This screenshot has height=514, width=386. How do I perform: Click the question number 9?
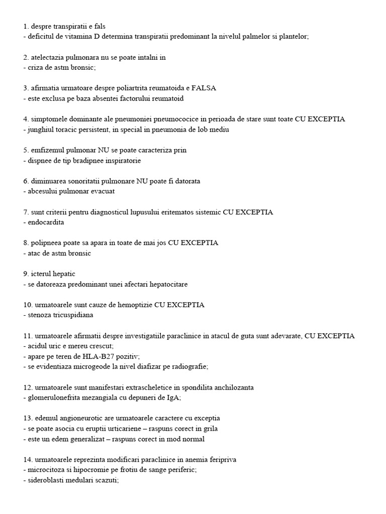click(26, 274)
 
